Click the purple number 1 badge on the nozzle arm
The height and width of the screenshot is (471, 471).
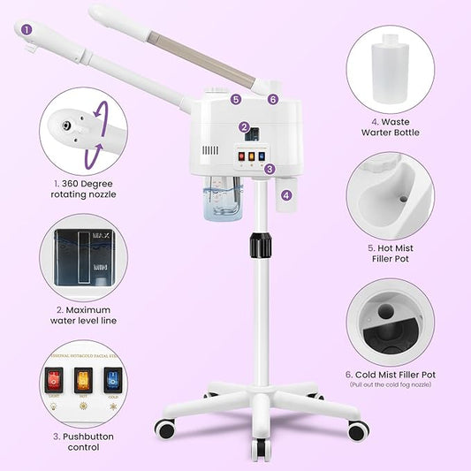pos(27,29)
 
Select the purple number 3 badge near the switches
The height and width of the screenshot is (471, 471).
pos(270,168)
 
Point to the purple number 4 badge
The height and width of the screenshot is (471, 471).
pos(286,194)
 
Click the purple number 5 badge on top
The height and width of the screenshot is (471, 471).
pos(236,100)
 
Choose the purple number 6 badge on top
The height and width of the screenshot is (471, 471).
pos(273,100)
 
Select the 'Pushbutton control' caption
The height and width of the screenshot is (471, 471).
pos(83,442)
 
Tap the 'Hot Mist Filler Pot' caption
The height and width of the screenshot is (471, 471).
pos(390,254)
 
